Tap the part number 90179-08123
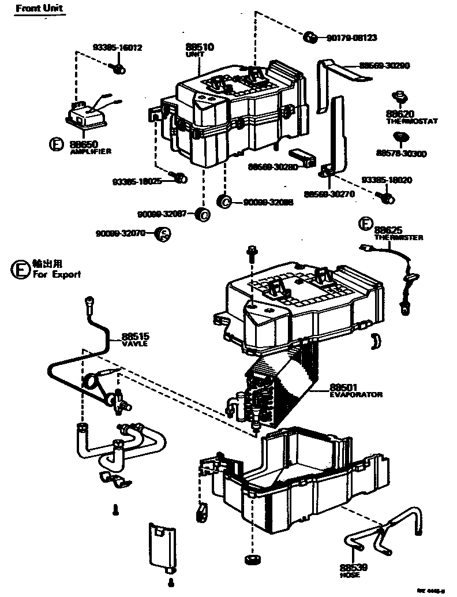pyautogui.click(x=351, y=38)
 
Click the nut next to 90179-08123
pyautogui.click(x=310, y=38)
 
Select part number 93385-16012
pyautogui.click(x=118, y=48)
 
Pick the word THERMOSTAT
pyautogui.click(x=412, y=121)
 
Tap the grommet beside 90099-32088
pyautogui.click(x=224, y=201)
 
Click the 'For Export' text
pyautogui.click(x=57, y=275)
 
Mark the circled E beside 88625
pyautogui.click(x=365, y=224)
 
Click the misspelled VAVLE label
pyautogui.click(x=134, y=344)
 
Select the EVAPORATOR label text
pyautogui.click(x=356, y=394)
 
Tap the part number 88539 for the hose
pyautogui.click(x=350, y=567)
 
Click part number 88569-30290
pyautogui.click(x=384, y=66)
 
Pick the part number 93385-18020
pyautogui.click(x=387, y=180)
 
